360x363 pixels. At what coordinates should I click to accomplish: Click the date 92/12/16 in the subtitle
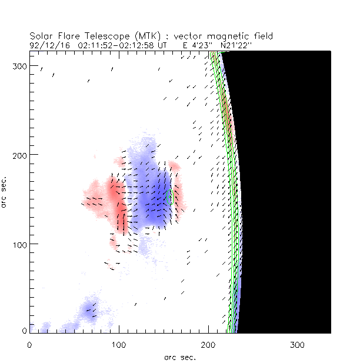[x=46, y=44]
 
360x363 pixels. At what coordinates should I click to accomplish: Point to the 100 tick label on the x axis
[x=119, y=344]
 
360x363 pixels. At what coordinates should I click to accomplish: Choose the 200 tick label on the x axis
[x=208, y=344]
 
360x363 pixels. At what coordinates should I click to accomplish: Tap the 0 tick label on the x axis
[x=29, y=344]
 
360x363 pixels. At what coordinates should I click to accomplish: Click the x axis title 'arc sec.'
[x=180, y=356]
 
